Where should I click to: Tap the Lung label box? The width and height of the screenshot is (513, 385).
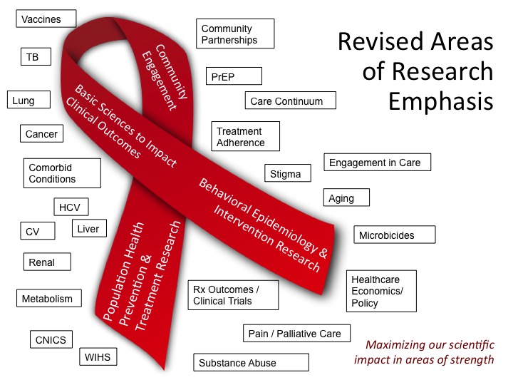coord(29,101)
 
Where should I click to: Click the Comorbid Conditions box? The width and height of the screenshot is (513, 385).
coord(56,173)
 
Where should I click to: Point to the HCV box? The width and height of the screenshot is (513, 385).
coord(71,207)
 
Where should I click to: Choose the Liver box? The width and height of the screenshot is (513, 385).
coord(88,229)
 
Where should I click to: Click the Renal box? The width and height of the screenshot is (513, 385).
coord(47,262)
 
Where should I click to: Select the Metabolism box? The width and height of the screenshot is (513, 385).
coord(48,298)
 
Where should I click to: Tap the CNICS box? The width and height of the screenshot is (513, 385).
coord(51,339)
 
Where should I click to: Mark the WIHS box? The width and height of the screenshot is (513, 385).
coord(98,356)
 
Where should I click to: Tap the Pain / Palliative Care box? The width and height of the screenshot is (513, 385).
coord(295,334)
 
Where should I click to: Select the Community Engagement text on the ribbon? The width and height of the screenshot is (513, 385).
coord(160,76)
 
